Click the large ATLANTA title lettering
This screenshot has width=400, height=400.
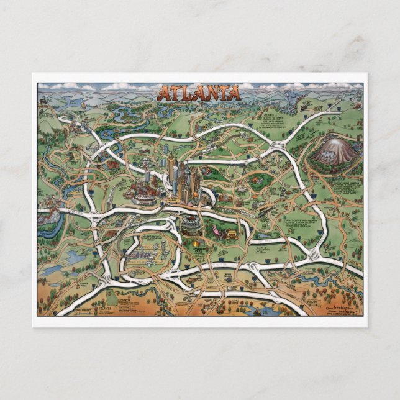[x=198, y=94]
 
